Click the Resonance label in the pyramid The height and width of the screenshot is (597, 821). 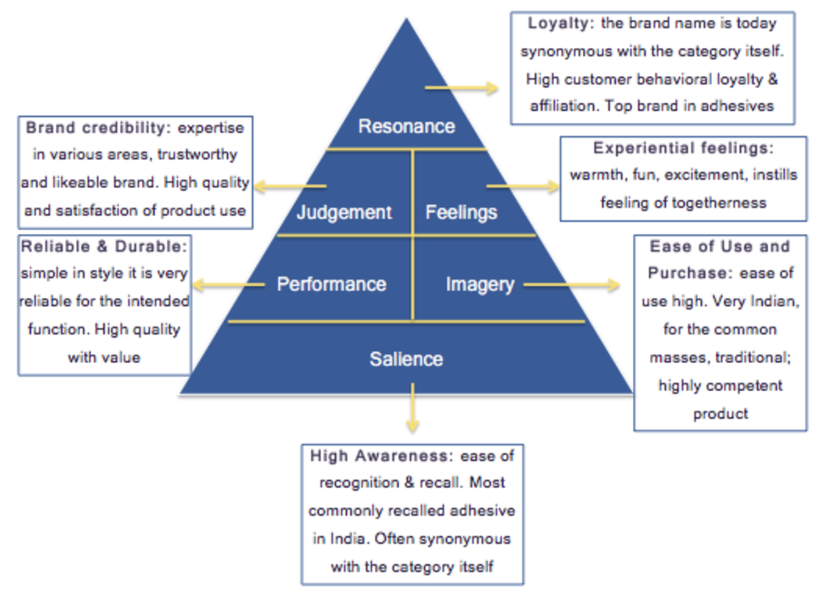coord(406,127)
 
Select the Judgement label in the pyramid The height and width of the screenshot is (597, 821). coord(344,212)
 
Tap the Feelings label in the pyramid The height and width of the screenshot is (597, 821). coord(461,212)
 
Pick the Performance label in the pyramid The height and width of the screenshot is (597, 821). coord(331,284)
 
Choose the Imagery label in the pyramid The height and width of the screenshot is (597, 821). coord(480,284)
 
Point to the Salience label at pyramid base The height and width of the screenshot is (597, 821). coord(406,359)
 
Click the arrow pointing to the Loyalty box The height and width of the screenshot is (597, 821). coord(462,88)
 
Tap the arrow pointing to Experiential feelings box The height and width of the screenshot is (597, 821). coord(523,185)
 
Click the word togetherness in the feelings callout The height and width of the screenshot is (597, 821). coord(724,202)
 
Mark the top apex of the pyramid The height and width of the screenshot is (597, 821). coord(407,21)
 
